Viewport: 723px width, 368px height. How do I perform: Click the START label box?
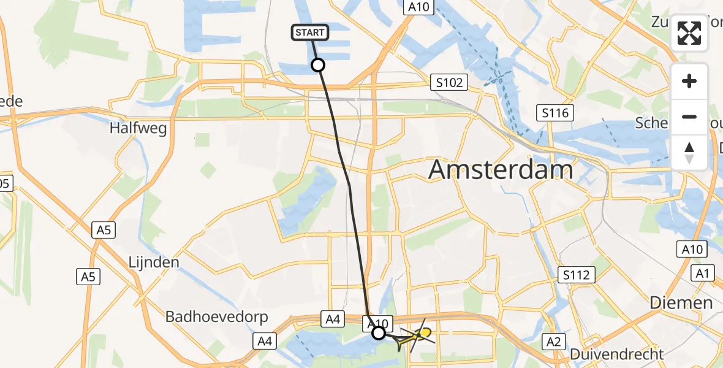[311, 33]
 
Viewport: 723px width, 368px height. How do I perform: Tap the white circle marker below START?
[318, 64]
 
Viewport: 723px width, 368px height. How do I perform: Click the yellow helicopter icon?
[422, 334]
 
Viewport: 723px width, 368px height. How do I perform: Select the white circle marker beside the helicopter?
[379, 332]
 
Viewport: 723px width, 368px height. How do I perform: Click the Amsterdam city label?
[501, 169]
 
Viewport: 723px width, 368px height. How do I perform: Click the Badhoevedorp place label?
[205, 317]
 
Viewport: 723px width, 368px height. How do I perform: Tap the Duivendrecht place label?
[616, 354]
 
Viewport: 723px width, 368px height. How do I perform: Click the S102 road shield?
[449, 83]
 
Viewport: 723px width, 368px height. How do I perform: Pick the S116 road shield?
[555, 113]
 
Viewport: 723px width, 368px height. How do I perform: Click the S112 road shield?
[577, 275]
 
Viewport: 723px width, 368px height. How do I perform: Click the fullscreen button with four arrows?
[689, 33]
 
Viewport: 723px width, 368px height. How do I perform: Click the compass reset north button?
[689, 152]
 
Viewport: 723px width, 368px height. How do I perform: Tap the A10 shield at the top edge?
[419, 7]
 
